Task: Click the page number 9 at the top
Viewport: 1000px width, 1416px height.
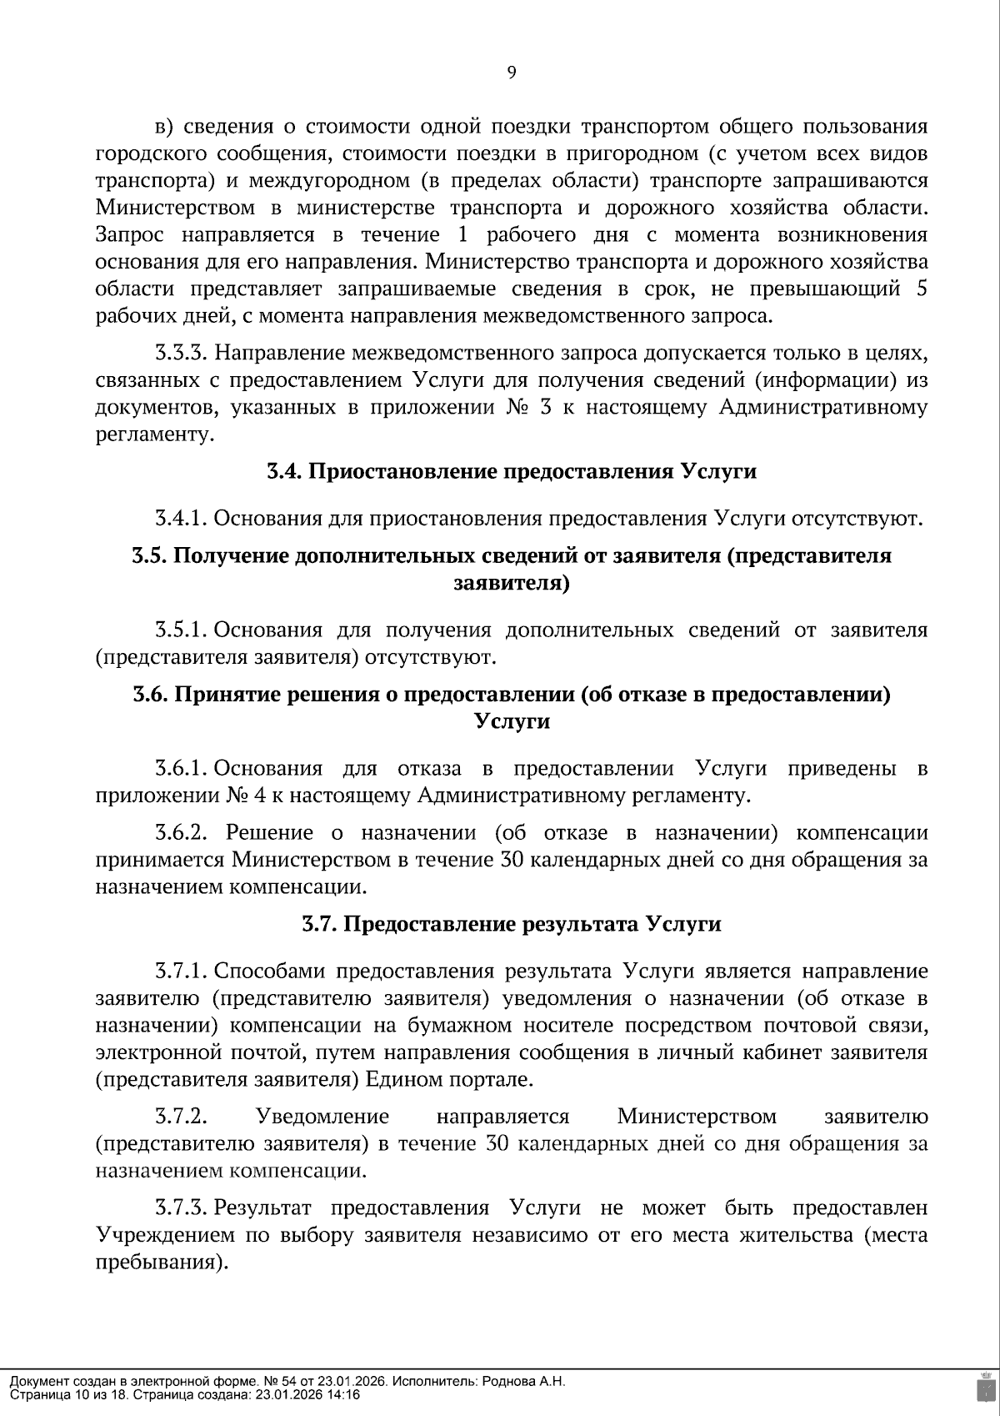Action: (x=512, y=73)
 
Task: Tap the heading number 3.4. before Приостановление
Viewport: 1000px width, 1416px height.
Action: (x=284, y=471)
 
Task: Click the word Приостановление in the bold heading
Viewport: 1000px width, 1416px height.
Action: (x=404, y=471)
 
